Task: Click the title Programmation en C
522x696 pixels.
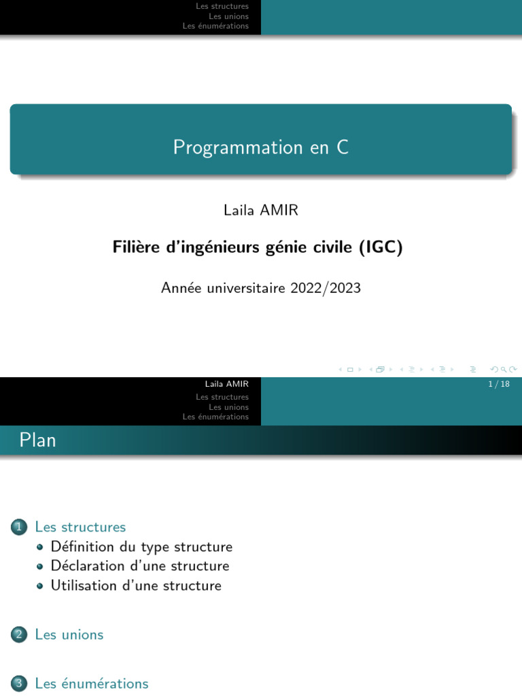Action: pyautogui.click(x=261, y=147)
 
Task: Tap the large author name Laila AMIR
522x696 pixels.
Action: pyautogui.click(x=261, y=211)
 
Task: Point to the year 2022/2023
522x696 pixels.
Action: pyautogui.click(x=326, y=288)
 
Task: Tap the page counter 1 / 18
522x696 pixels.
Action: pyautogui.click(x=498, y=384)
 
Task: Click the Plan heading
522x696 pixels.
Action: pyautogui.click(x=38, y=440)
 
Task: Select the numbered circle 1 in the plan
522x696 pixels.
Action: pyautogui.click(x=18, y=527)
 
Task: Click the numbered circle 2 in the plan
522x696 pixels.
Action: pyautogui.click(x=18, y=635)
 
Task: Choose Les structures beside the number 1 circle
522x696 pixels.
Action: pyautogui.click(x=80, y=527)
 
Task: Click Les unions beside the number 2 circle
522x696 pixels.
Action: pyautogui.click(x=69, y=635)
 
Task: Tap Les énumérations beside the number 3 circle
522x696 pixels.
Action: pyautogui.click(x=92, y=684)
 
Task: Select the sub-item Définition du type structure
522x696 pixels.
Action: pyautogui.click(x=141, y=546)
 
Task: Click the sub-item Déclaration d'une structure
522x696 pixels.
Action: pyautogui.click(x=140, y=566)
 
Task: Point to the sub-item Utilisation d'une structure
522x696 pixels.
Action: pyautogui.click(x=136, y=585)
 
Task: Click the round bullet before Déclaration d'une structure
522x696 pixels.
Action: pyautogui.click(x=39, y=566)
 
